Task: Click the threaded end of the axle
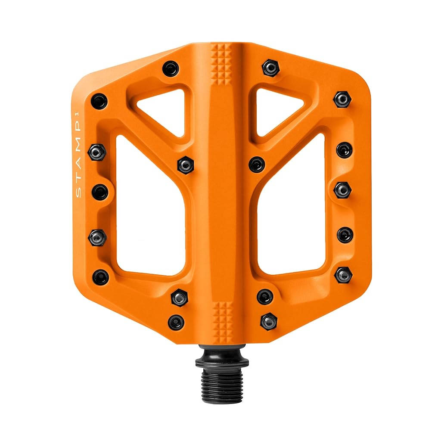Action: coord(222,384)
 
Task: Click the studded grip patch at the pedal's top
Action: coord(221,65)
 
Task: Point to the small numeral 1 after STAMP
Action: coord(78,114)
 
